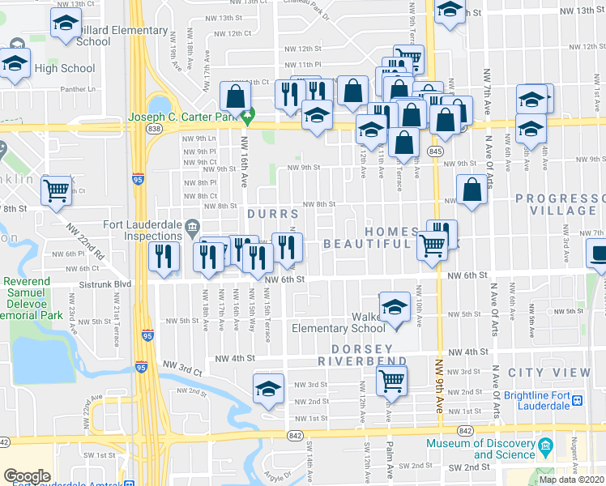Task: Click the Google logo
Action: pos(27,476)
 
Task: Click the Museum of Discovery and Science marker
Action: pos(545,447)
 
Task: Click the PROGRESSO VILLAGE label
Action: pos(559,204)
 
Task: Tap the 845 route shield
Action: pos(437,152)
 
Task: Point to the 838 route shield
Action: pos(156,129)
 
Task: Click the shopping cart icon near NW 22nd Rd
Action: pos(57,190)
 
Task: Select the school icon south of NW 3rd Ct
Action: pos(268,389)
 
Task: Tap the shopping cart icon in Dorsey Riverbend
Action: pos(391,378)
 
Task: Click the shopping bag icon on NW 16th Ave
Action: pos(235,96)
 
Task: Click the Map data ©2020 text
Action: pos(571,479)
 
